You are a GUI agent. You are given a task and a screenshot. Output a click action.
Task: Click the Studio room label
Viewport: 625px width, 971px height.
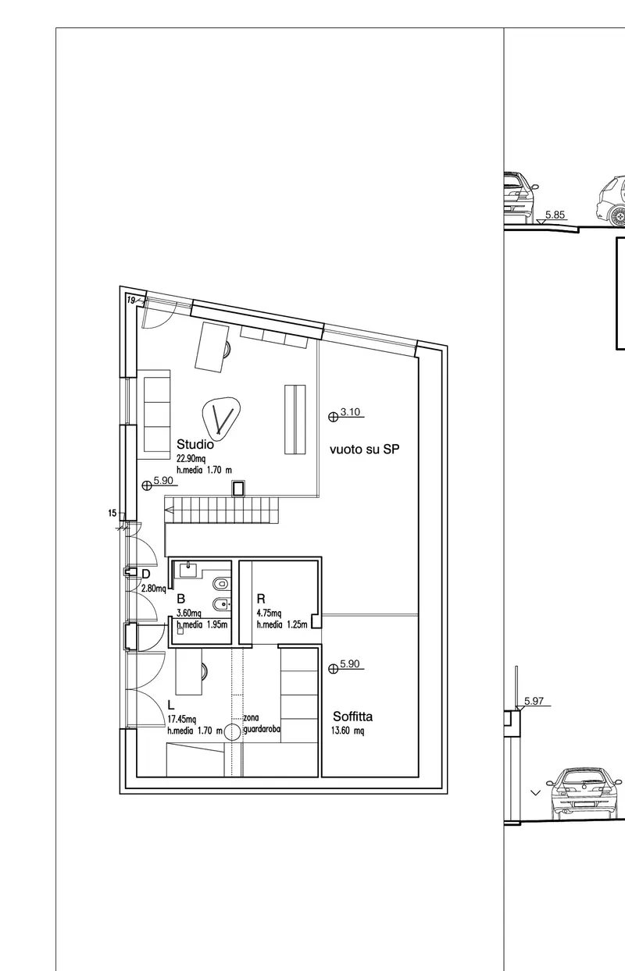point(195,444)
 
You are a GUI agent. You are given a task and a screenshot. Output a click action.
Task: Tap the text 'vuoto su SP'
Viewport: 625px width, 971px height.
point(364,450)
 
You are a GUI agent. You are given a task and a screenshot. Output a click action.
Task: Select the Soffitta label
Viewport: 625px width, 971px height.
point(352,717)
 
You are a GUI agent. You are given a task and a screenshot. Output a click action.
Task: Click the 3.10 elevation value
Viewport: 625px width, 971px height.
point(350,412)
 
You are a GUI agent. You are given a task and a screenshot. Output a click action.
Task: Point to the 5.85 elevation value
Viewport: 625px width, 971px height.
point(555,215)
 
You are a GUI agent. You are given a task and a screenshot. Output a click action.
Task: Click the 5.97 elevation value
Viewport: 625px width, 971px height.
point(534,701)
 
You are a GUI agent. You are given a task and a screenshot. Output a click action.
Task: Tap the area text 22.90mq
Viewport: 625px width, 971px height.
point(191,459)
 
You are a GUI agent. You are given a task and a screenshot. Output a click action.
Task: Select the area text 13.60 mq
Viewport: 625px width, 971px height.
point(348,731)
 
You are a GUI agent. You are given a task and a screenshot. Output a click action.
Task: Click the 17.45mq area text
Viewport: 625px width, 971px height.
point(182,719)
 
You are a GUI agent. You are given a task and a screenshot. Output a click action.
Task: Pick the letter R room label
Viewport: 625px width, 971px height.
point(261,599)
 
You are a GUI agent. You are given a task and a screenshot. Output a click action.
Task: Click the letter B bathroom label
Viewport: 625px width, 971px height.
point(181,599)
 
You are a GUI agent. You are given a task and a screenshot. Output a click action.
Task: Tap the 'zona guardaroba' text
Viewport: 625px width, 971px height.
point(262,724)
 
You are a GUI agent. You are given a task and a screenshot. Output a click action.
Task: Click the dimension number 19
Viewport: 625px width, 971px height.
point(131,300)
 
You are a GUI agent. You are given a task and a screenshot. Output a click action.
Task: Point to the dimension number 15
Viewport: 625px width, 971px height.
point(112,514)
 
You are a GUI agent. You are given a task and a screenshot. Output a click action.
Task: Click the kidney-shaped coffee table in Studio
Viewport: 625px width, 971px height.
point(221,416)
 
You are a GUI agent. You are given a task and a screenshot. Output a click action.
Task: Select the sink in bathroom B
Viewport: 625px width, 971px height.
point(188,569)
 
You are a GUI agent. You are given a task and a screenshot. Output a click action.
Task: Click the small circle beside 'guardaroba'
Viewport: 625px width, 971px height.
point(233,732)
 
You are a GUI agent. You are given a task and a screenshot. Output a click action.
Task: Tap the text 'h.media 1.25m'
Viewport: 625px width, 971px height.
point(282,624)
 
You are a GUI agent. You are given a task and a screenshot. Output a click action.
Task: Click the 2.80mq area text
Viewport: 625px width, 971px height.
point(154,589)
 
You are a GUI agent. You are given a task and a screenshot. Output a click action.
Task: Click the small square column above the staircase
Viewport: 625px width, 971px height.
point(238,488)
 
